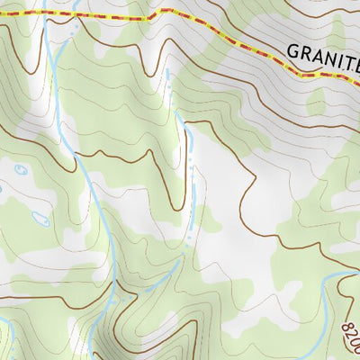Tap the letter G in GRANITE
pos(294,51)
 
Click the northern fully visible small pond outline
pos(21,170)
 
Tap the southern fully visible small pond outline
pos(40,218)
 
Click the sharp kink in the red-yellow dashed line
pos(162,11)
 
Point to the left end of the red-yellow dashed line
pos(2,13)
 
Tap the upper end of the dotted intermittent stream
pos(167,70)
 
